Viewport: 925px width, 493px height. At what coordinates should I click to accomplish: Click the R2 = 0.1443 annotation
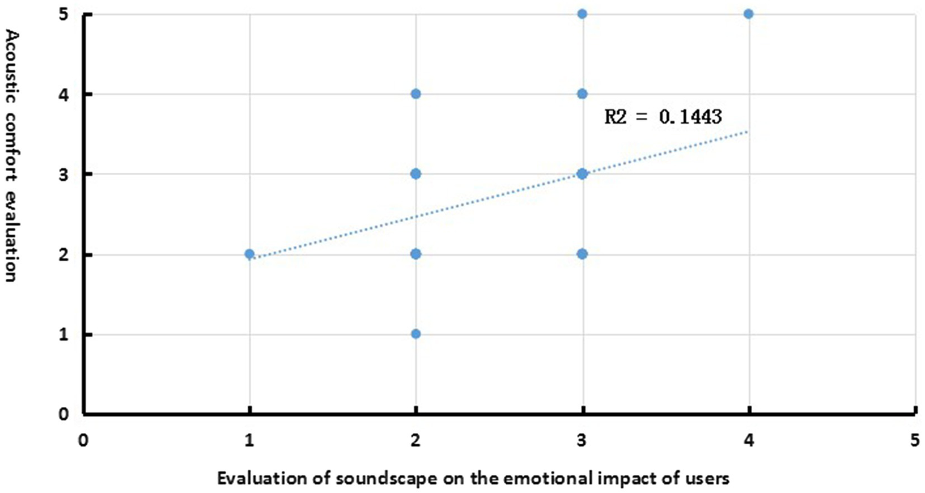coord(663,116)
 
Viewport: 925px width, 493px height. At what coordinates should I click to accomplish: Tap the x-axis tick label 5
coord(915,441)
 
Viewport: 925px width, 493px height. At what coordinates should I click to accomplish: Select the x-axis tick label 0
coord(83,441)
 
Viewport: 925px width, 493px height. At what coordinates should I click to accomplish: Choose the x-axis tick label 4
coord(748,441)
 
